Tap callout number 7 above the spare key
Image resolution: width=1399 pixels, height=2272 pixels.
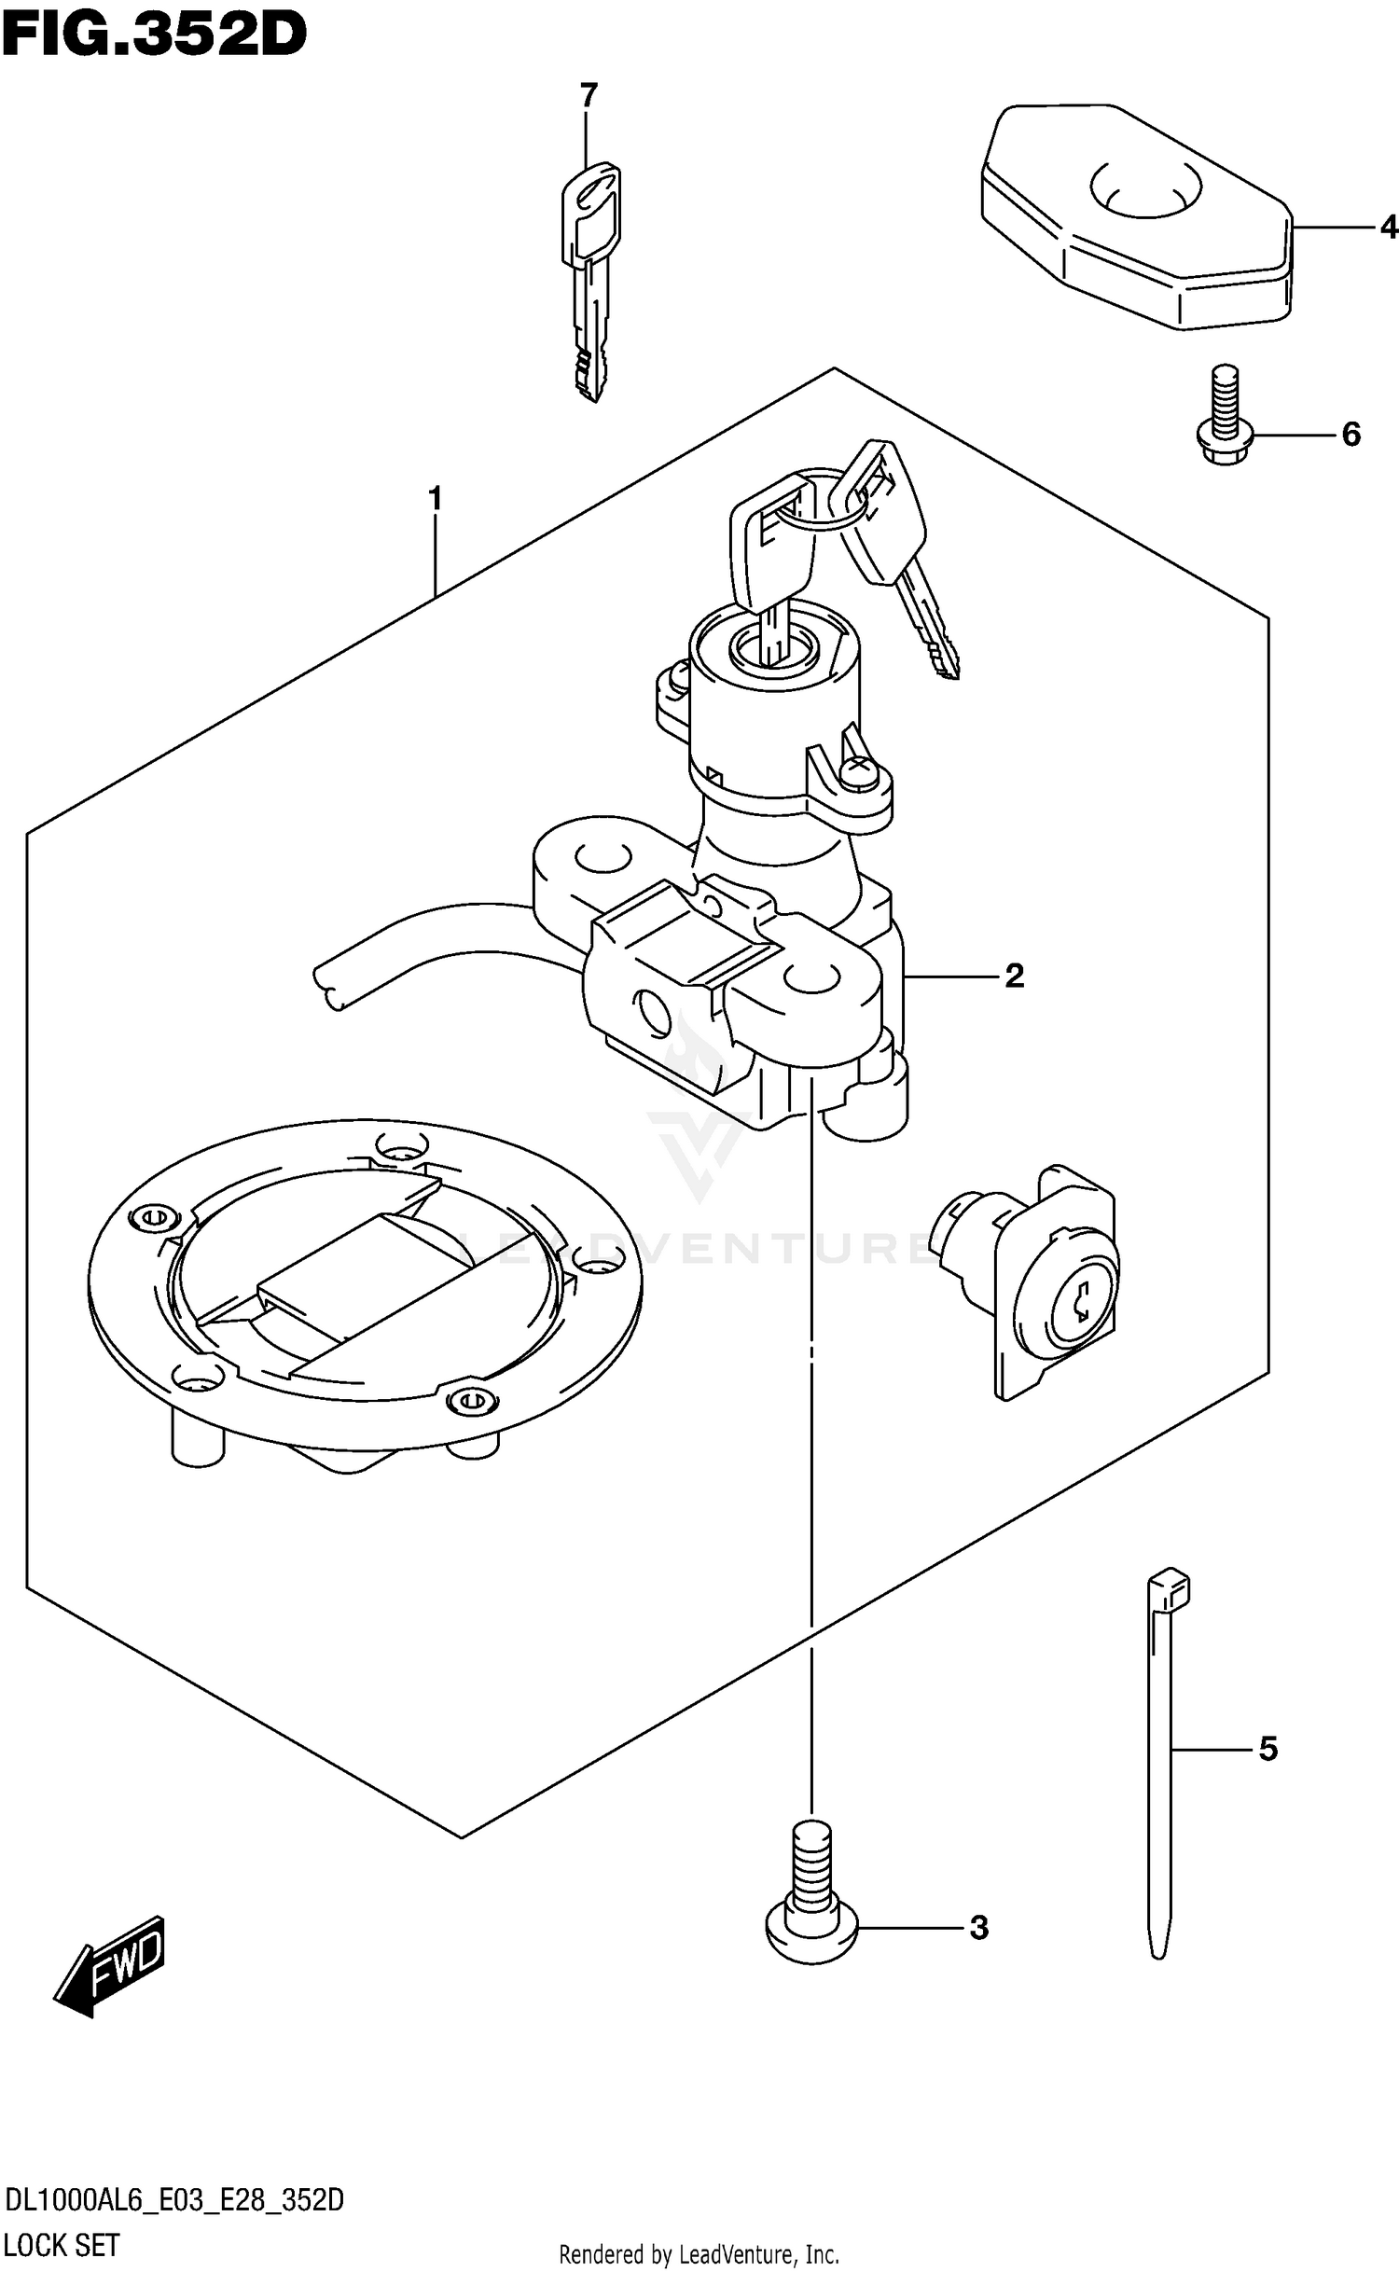588,95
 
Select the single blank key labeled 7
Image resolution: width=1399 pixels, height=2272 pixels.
590,280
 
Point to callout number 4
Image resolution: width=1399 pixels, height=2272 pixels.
1389,227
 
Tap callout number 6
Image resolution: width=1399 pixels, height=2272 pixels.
1351,435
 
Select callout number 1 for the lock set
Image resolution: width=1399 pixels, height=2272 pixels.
435,500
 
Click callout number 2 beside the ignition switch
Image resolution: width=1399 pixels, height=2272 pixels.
1014,976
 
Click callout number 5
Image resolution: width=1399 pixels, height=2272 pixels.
1267,1750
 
